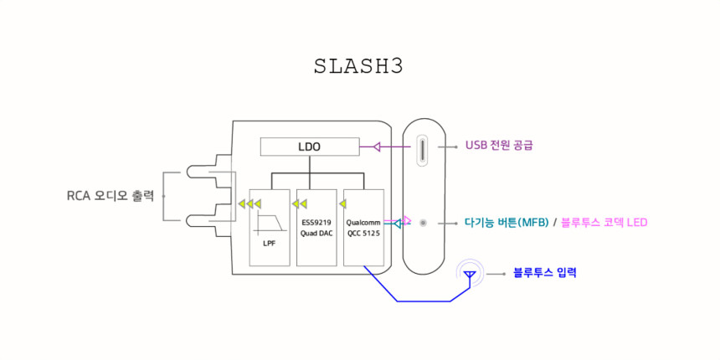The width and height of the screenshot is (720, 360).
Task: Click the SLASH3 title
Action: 358,67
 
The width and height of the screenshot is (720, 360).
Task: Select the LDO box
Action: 310,147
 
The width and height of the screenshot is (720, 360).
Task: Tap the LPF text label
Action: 270,243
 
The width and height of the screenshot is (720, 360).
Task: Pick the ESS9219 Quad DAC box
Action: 316,227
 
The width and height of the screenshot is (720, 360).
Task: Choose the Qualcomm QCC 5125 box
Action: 363,227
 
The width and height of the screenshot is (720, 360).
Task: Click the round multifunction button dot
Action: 423,223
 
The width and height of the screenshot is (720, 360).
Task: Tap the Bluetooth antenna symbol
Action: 470,273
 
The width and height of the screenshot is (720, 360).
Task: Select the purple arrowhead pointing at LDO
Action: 377,147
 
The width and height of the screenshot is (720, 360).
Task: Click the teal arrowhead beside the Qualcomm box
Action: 397,224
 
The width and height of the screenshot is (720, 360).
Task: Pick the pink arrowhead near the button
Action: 407,221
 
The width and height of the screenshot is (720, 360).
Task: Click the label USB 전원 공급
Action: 499,145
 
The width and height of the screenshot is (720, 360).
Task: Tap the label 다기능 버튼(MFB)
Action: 507,223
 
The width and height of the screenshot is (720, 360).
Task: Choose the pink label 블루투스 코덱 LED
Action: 604,223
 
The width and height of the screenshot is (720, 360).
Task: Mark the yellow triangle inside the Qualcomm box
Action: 342,203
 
